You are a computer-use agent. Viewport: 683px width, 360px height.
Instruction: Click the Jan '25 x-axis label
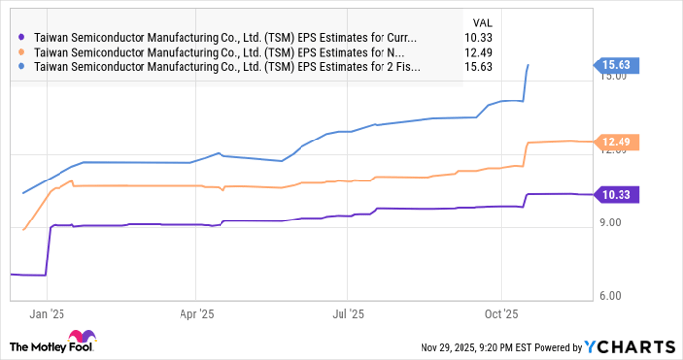click(x=46, y=315)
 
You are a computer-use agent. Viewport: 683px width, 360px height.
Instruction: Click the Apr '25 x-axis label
click(x=197, y=315)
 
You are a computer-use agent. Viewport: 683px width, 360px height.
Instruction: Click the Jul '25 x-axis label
click(x=348, y=315)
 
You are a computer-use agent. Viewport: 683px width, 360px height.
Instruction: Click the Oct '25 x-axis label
click(x=501, y=315)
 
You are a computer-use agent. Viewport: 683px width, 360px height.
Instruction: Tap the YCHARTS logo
click(x=628, y=346)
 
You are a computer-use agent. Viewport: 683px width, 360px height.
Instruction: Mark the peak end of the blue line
click(x=528, y=65)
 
